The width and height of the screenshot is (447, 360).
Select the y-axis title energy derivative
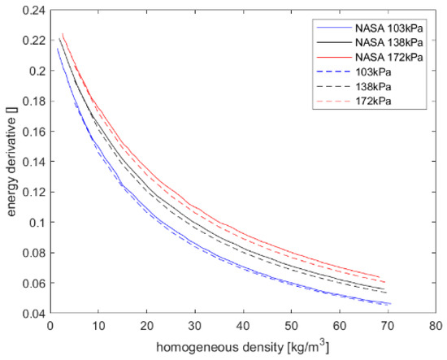[9, 162]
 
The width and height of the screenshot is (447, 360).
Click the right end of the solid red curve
[383, 277]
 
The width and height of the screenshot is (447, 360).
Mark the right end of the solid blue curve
[391, 304]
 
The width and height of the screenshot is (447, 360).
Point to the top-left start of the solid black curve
[59, 38]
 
